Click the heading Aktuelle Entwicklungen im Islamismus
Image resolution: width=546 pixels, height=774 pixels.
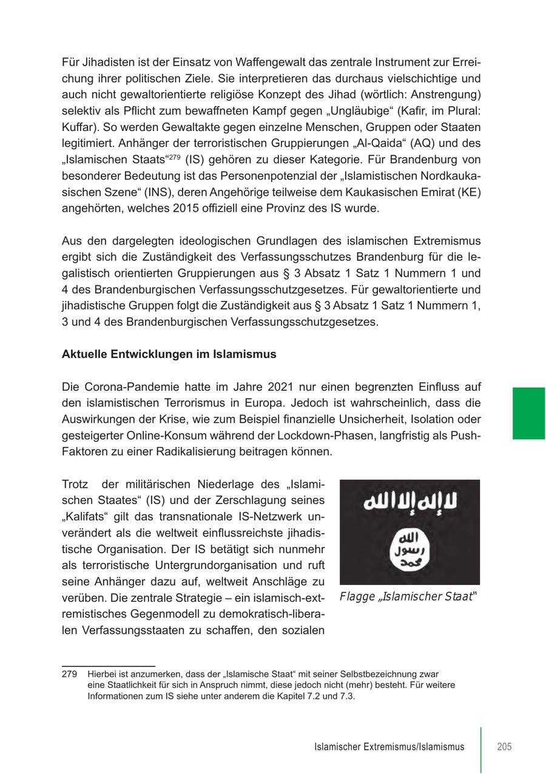tap(169, 354)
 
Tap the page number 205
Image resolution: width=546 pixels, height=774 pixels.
tap(504, 747)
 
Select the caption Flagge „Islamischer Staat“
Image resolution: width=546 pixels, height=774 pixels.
tap(408, 596)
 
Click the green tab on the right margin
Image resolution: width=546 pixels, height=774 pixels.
tap(528, 413)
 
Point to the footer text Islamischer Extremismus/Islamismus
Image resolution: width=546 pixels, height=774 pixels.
tap(389, 747)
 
